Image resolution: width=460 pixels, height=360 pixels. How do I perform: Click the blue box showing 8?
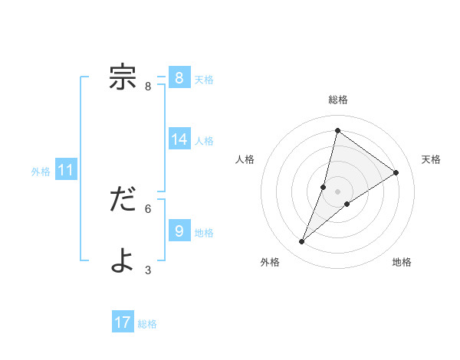(x=179, y=78)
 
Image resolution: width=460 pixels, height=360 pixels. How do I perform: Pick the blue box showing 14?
(x=179, y=139)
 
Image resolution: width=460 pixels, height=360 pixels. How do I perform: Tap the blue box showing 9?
(x=179, y=231)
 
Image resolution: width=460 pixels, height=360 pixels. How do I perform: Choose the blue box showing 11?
(x=66, y=170)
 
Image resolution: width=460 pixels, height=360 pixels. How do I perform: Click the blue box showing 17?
(x=123, y=322)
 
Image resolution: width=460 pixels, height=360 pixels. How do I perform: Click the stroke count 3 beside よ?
(x=148, y=270)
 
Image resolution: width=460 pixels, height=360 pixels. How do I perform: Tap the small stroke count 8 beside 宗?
(x=148, y=87)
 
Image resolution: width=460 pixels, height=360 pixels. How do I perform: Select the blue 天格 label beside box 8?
(x=204, y=79)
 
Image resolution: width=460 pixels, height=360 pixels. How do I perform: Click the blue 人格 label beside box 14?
(x=204, y=140)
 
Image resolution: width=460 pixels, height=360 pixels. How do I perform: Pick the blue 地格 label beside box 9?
(x=204, y=232)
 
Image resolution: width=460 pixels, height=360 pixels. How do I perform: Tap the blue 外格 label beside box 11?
(x=41, y=172)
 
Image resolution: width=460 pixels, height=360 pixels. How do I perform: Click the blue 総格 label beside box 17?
(x=147, y=324)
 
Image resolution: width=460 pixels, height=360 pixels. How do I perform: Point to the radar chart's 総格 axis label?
(x=337, y=100)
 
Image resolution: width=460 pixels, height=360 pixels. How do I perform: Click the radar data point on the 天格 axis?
(x=396, y=172)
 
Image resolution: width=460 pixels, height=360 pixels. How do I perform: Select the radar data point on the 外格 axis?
(x=302, y=242)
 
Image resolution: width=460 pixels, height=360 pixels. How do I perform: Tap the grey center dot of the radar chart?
(x=337, y=191)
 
